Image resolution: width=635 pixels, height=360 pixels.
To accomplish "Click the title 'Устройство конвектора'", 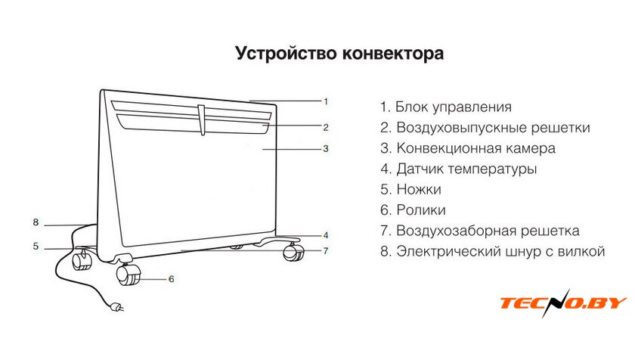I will (339, 54).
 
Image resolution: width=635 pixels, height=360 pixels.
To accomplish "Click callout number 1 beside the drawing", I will (326, 101).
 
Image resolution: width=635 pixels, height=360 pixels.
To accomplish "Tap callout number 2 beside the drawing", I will (326, 126).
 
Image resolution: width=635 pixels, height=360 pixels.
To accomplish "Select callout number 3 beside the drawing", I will (326, 149).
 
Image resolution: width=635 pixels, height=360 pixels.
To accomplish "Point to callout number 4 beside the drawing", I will (326, 234).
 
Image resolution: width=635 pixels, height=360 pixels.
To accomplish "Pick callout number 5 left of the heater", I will (36, 246).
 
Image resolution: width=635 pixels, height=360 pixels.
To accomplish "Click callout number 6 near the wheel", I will (171, 278).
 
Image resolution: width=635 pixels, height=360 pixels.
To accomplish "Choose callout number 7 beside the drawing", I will (326, 250).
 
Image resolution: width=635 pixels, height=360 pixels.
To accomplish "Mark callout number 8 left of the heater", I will (36, 222).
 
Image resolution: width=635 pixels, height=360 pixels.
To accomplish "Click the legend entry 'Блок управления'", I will (446, 107).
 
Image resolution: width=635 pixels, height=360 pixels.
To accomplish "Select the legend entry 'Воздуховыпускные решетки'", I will (485, 128).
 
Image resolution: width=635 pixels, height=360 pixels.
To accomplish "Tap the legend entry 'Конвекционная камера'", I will (468, 148).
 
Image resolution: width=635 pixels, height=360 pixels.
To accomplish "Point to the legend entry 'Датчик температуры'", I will (459, 169).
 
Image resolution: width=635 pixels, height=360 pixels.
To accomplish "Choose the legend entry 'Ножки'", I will (410, 190).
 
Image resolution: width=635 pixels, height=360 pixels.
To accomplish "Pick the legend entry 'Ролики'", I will (413, 210).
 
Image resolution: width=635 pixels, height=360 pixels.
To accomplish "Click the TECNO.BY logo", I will (562, 303).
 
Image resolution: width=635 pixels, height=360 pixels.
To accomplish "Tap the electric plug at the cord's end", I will (116, 307).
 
